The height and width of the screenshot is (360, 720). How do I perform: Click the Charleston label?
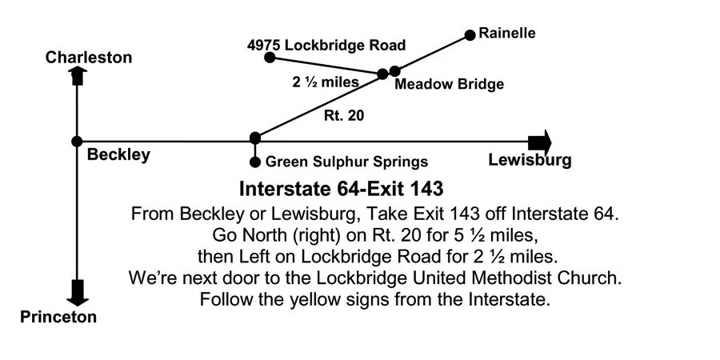click(x=89, y=58)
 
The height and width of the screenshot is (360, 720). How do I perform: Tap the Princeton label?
click(x=58, y=317)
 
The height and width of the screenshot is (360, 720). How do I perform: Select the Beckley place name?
click(x=118, y=155)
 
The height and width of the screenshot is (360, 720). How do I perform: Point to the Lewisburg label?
click(x=530, y=160)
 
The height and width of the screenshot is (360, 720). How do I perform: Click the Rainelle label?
click(x=507, y=34)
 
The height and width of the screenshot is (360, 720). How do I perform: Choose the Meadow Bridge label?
click(x=450, y=85)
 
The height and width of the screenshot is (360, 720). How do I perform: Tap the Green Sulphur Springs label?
click(x=346, y=162)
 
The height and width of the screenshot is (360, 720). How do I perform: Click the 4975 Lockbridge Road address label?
click(x=326, y=45)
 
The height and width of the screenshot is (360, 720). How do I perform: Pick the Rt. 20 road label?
click(x=344, y=115)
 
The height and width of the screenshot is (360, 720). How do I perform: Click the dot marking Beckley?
click(x=77, y=141)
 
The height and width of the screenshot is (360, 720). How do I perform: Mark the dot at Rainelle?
click(x=470, y=35)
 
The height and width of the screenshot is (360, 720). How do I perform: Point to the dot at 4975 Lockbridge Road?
click(x=270, y=58)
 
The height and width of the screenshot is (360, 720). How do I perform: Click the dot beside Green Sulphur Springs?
click(x=255, y=162)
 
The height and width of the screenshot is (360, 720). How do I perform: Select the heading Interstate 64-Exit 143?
click(x=342, y=190)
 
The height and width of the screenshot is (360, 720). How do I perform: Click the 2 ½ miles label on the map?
click(x=326, y=82)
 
